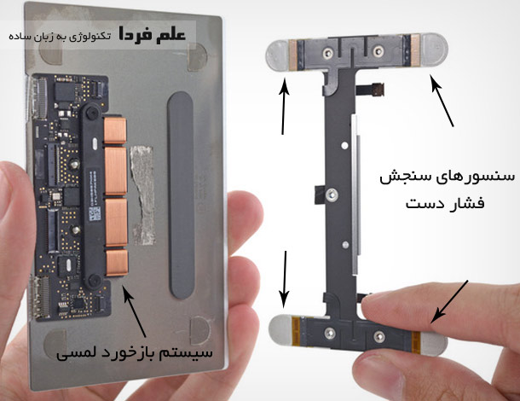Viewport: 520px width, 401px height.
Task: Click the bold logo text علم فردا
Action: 153,35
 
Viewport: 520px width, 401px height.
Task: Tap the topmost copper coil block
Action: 115,131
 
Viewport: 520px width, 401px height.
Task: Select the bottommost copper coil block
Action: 117,263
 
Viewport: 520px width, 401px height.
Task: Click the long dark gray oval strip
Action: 180,195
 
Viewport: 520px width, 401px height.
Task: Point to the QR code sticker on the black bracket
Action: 95,213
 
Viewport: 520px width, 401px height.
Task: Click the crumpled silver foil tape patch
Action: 142,195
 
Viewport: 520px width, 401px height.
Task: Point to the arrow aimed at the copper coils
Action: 135,311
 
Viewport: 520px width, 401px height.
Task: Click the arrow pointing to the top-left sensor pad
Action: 283,106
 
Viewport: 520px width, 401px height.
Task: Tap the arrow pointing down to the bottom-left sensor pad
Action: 285,280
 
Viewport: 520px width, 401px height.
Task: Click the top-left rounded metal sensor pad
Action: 278,55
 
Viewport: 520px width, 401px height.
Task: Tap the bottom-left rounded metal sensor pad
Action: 280,329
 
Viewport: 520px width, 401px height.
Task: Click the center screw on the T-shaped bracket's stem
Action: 332,195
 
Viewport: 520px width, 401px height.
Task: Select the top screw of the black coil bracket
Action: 91,113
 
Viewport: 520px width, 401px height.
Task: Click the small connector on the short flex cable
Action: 378,90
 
